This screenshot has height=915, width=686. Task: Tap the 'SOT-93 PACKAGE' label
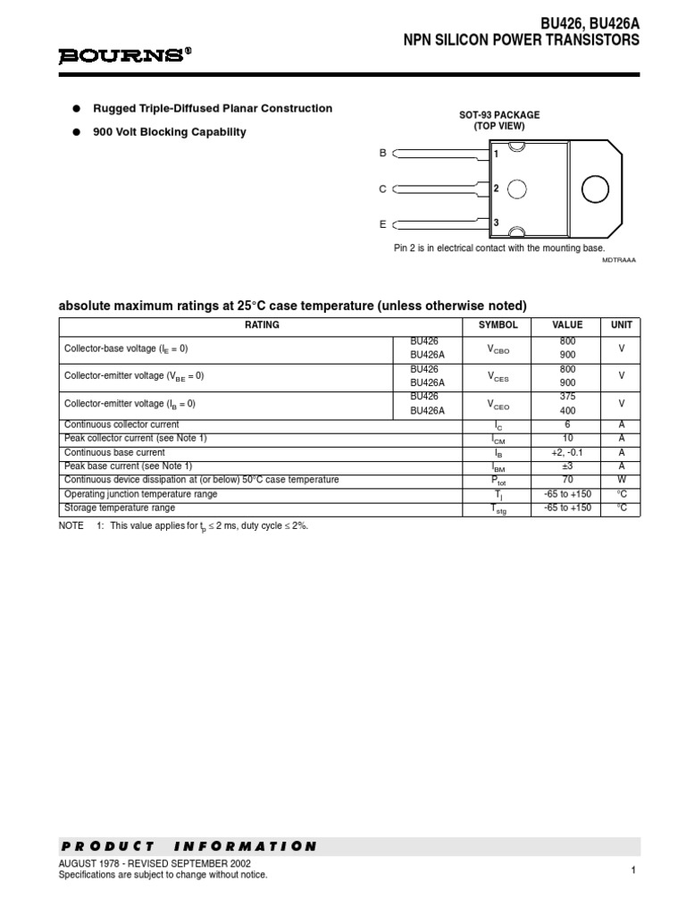click(499, 115)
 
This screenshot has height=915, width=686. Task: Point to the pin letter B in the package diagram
click(383, 154)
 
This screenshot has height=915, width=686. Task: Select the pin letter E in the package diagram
click(383, 223)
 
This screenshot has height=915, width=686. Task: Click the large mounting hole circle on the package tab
click(594, 189)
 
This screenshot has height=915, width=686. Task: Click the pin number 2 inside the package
click(496, 189)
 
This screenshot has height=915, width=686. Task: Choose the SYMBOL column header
click(498, 325)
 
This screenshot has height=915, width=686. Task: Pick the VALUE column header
click(567, 325)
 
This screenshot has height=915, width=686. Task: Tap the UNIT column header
click(621, 325)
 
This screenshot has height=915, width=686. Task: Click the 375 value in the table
click(567, 397)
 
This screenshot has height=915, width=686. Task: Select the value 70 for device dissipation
click(567, 480)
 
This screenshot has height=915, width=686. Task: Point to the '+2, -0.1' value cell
click(567, 452)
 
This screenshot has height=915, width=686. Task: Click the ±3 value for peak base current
click(567, 466)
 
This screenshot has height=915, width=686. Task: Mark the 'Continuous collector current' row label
click(121, 424)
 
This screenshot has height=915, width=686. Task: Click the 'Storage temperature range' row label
click(120, 508)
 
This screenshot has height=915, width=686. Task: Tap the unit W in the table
click(621, 480)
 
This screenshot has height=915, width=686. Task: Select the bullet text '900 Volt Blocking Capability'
click(170, 132)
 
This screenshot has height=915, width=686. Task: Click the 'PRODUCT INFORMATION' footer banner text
click(188, 846)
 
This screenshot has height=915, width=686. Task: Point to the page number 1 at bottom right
click(632, 869)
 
